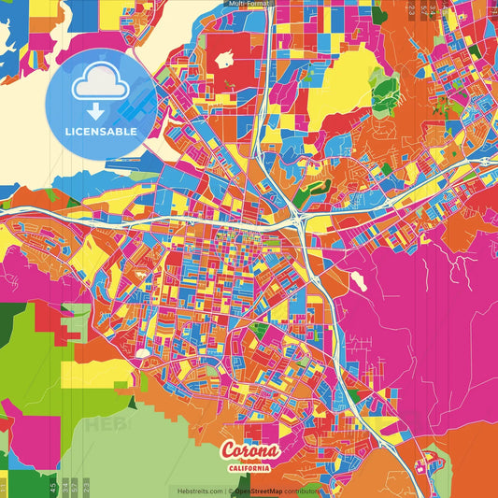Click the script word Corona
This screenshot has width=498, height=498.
pyautogui.click(x=249, y=451)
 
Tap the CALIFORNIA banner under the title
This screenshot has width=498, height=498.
pyautogui.click(x=249, y=467)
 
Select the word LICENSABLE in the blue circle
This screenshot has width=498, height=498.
pyautogui.click(x=101, y=131)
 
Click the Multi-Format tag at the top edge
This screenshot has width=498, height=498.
pyautogui.click(x=249, y=4)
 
